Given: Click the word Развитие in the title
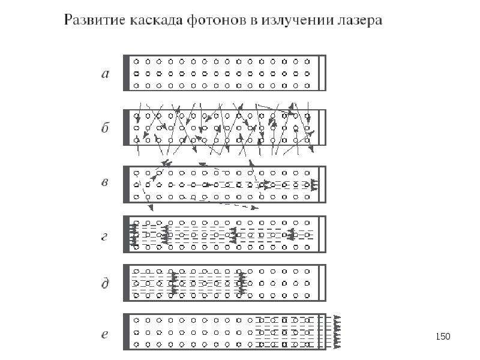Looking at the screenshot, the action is pyautogui.click(x=95, y=20).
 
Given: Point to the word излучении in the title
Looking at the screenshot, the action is pyautogui.click(x=297, y=21).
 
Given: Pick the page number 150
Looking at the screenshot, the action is pyautogui.click(x=443, y=337).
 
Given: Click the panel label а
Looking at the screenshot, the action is pyautogui.click(x=105, y=74).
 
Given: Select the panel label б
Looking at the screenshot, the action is pyautogui.click(x=105, y=127).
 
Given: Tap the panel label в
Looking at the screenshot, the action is pyautogui.click(x=104, y=182).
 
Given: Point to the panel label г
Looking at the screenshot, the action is pyautogui.click(x=104, y=237).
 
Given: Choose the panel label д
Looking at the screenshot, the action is pyautogui.click(x=105, y=283).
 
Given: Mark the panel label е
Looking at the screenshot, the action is pyautogui.click(x=104, y=334).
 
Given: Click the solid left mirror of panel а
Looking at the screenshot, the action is pyautogui.click(x=126, y=73).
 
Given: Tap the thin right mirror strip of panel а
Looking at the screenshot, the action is pyautogui.click(x=322, y=73).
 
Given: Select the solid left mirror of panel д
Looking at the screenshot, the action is pyautogui.click(x=126, y=283).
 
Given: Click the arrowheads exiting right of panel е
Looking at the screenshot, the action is pyautogui.click(x=337, y=332).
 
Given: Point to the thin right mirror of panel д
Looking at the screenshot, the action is pyautogui.click(x=322, y=283).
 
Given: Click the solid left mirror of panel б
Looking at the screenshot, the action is pyautogui.click(x=126, y=127).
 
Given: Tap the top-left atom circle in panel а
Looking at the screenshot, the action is pyautogui.click(x=137, y=62).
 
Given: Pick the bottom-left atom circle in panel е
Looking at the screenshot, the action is pyautogui.click(x=137, y=344).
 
